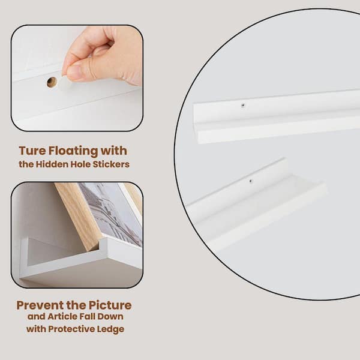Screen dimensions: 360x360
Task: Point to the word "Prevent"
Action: pos(40,305)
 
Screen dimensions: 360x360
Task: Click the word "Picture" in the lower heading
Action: pos(110,305)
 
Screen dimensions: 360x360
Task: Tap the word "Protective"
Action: pos(71,329)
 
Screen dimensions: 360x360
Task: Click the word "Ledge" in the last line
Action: pos(110,329)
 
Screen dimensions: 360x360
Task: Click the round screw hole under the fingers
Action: pos(52,82)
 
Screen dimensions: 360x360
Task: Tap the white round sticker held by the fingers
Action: pos(65,82)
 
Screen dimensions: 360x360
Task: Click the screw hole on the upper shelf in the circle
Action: pos(242,106)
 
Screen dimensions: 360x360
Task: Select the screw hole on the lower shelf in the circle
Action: pos(250,181)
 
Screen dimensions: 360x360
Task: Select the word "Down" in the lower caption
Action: pos(110,317)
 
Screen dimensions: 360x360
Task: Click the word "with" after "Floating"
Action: pos(114,151)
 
